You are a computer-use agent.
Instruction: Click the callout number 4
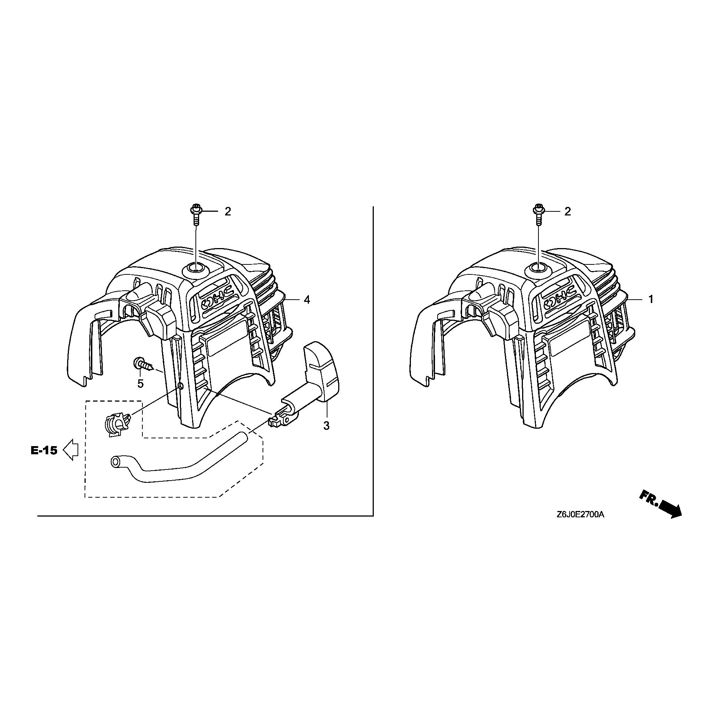pos(307,300)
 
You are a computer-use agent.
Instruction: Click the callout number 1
pos(651,300)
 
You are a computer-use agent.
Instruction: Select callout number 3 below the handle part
pos(326,426)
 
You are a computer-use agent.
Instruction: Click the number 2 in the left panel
pos(228,211)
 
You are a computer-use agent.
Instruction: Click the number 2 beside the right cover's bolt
pos(568,211)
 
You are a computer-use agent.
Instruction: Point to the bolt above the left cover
pos(195,214)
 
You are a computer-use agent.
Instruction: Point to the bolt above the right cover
pos(538,214)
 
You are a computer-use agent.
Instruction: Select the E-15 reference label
pos(44,451)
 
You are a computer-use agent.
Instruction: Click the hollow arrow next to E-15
pos(70,450)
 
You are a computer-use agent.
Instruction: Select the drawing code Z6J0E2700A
pos(580,514)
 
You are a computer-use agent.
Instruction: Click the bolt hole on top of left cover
pos(195,267)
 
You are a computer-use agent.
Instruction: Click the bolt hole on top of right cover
pos(538,267)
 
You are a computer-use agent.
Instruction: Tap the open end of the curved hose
pos(116,462)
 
